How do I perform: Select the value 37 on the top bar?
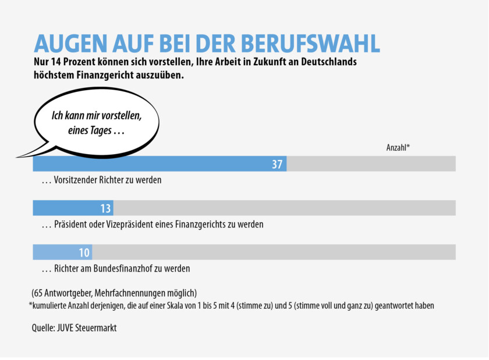(x=277, y=165)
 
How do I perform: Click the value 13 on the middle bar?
(x=105, y=209)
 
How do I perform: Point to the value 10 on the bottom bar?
(x=84, y=252)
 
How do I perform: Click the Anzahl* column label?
(x=398, y=148)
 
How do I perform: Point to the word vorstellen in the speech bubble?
(x=120, y=115)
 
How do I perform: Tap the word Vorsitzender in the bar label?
(x=76, y=180)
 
